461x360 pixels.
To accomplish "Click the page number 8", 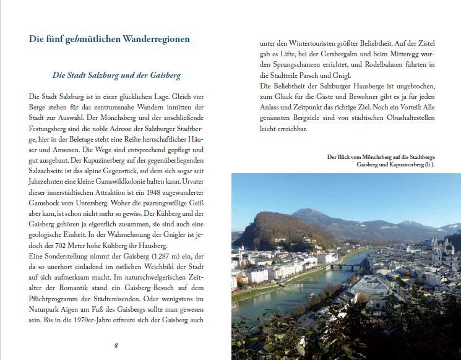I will pos(116,345).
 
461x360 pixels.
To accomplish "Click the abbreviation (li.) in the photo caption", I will pos(428,165).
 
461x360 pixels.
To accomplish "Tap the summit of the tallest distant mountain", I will pos(312,211).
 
